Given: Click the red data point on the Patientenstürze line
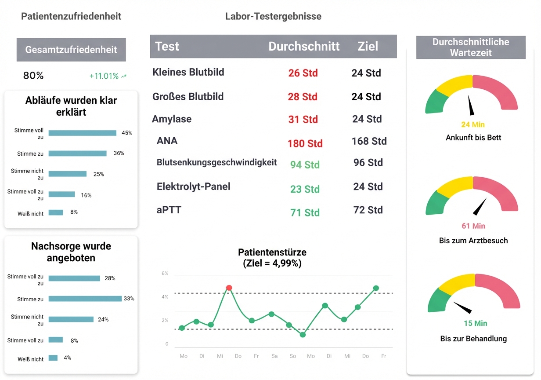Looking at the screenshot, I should tap(229, 288).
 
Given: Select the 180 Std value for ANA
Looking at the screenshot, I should tap(305, 143).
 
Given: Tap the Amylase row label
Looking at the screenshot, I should tap(172, 119).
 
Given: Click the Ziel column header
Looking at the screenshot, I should tap(368, 46).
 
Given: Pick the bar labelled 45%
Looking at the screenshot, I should tap(82, 133).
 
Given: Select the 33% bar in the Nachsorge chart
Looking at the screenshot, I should tap(85, 299).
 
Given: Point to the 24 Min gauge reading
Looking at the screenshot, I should tap(473, 124).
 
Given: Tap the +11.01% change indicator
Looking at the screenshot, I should tap(108, 76).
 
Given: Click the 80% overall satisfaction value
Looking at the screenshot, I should tap(33, 76).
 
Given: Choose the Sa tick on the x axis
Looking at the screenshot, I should tap(274, 356).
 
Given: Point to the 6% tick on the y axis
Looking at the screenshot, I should tap(165, 273).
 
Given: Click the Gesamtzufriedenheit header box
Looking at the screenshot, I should tap(71, 49).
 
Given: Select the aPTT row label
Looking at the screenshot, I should tap(169, 210).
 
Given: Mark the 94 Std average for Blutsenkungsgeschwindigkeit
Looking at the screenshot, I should tap(305, 165).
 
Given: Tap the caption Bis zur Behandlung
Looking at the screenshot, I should tap(473, 339).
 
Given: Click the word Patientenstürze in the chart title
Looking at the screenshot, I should tap(272, 252).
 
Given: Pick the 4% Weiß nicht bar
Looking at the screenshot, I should tap(53, 358).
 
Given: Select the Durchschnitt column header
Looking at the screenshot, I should tap(304, 46).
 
